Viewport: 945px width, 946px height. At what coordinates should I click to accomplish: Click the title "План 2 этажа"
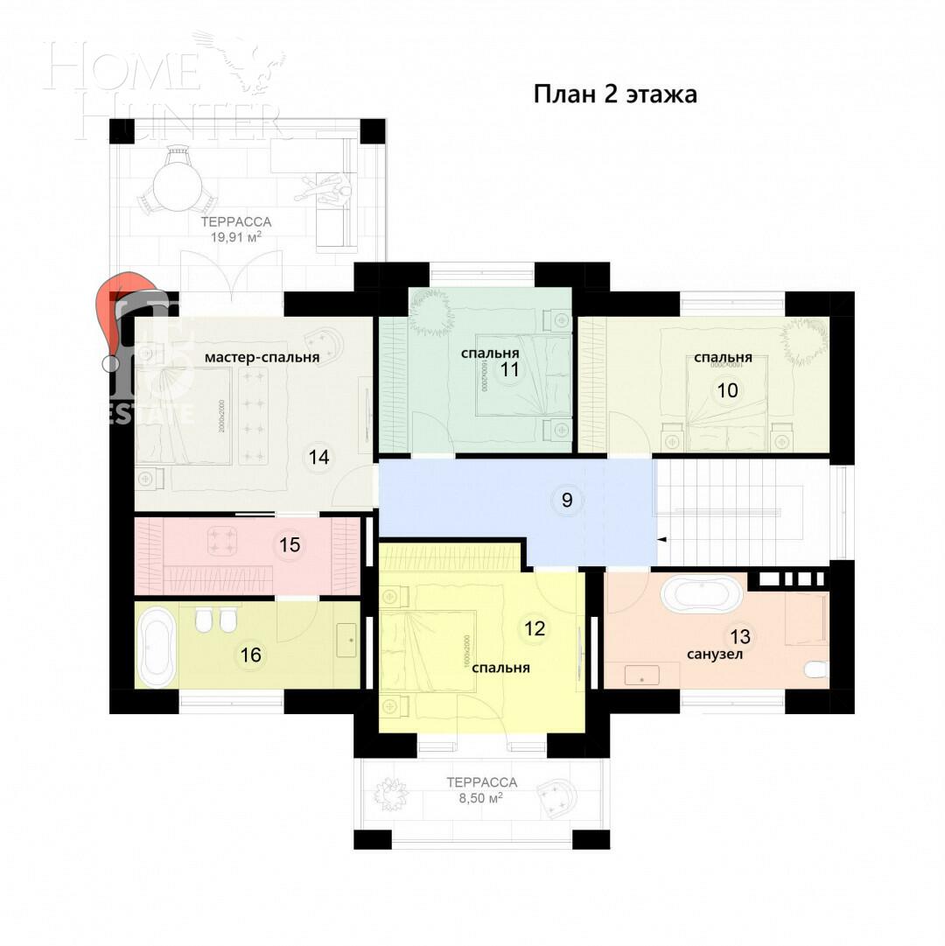(615, 95)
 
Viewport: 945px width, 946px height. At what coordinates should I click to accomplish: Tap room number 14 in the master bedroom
(318, 457)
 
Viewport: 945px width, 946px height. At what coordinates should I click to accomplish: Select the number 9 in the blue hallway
(566, 501)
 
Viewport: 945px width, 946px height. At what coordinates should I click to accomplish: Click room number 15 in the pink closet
(290, 545)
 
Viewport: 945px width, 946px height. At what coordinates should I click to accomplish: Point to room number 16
(251, 655)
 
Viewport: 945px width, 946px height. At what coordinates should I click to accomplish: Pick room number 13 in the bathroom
(740, 636)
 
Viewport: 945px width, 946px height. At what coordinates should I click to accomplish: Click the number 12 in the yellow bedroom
(535, 627)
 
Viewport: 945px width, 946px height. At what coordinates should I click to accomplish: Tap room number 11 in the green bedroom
(509, 369)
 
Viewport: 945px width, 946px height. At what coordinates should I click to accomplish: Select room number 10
(727, 390)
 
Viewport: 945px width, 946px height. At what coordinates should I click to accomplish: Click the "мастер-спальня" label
(262, 357)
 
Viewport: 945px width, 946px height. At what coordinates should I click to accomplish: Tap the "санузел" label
(715, 654)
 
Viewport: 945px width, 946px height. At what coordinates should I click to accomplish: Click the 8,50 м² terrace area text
(480, 798)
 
